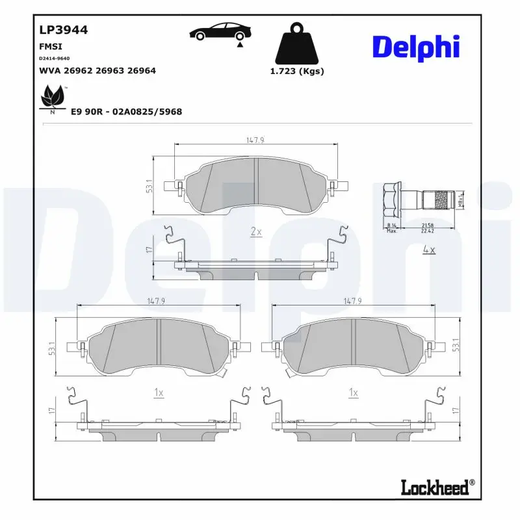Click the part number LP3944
click(x=64, y=30)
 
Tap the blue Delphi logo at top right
click(x=416, y=47)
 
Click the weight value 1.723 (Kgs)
click(x=296, y=71)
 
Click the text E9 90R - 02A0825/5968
click(x=126, y=112)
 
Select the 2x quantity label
click(x=255, y=232)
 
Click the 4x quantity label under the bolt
click(x=428, y=249)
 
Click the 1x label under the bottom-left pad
click(x=158, y=393)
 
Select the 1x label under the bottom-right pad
click(x=354, y=393)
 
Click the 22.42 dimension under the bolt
click(x=427, y=230)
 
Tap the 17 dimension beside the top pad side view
click(x=148, y=250)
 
